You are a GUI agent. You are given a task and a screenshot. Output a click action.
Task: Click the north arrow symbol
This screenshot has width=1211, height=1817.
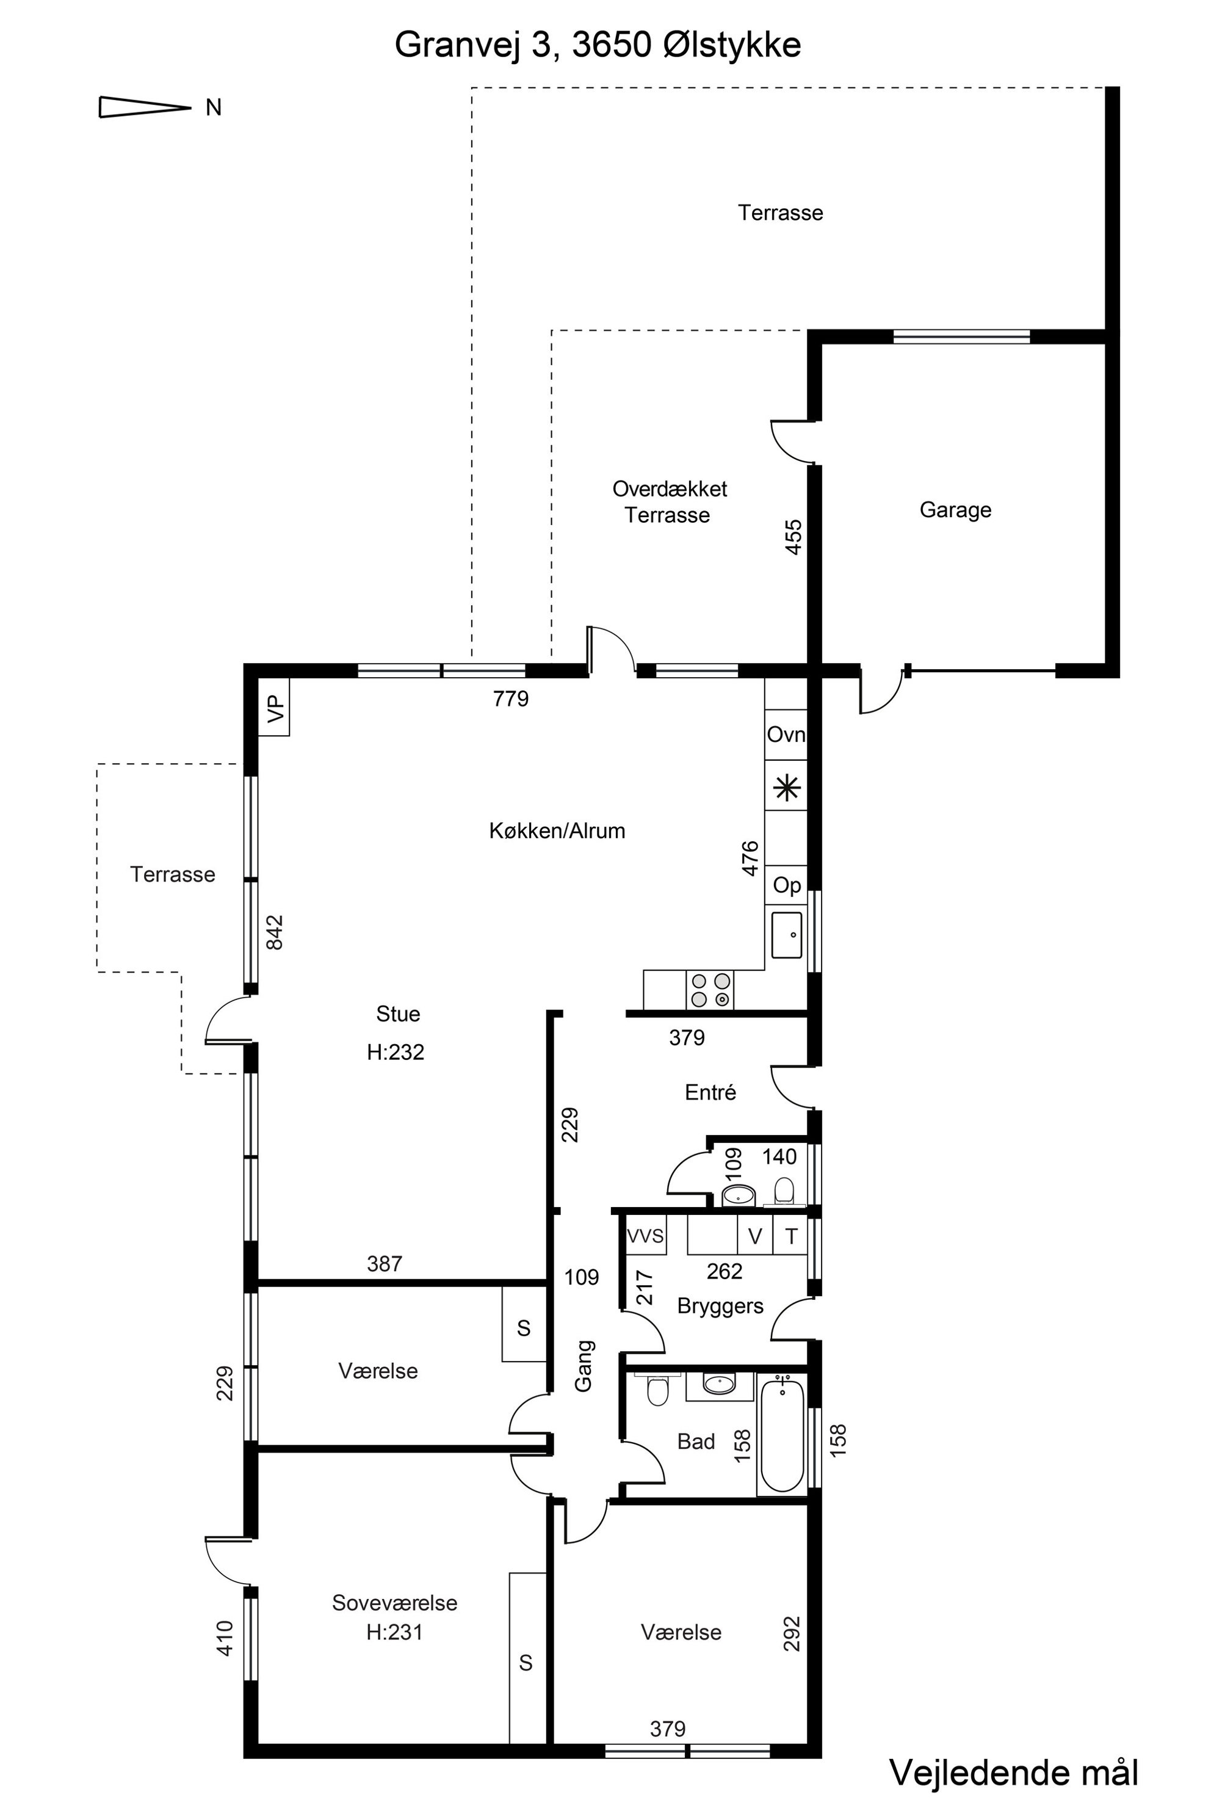click(145, 107)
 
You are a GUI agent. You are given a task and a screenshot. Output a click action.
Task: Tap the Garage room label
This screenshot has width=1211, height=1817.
click(955, 510)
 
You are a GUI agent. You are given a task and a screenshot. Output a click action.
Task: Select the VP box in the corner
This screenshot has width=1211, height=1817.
click(274, 707)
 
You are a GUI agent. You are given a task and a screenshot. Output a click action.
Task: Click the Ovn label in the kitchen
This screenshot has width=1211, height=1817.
click(786, 734)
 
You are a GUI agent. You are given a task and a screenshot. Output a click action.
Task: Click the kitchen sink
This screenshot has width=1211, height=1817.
click(786, 935)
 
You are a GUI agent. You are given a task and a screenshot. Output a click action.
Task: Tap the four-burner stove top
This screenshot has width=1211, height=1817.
click(710, 990)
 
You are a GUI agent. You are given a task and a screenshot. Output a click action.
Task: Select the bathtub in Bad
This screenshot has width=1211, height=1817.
click(783, 1435)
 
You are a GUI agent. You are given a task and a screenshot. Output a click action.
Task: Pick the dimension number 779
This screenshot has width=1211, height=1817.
click(510, 698)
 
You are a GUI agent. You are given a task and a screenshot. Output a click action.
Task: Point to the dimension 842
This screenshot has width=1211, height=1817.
click(274, 932)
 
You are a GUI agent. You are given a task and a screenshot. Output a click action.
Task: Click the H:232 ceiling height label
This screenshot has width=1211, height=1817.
click(396, 1052)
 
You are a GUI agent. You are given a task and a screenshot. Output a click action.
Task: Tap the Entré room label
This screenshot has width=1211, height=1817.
click(710, 1092)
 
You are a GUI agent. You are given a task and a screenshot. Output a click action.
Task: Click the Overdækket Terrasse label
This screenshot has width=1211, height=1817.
click(669, 501)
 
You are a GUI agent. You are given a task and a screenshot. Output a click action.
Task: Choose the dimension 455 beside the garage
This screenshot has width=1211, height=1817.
click(793, 537)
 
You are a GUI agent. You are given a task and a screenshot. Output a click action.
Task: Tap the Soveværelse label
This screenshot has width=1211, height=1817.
click(395, 1603)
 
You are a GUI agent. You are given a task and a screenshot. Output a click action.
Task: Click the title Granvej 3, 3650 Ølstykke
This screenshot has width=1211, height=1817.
click(598, 45)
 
